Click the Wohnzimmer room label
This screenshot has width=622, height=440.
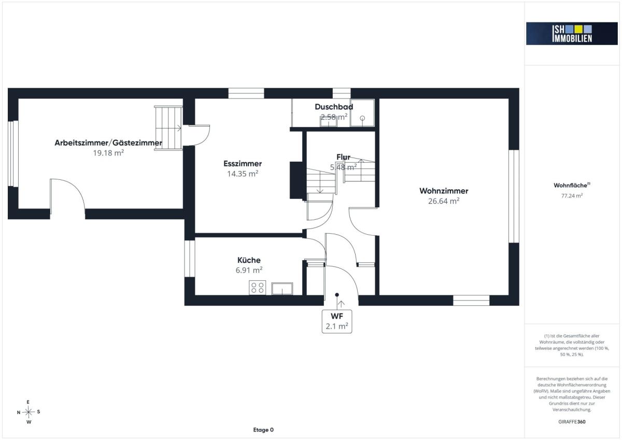point(444,191)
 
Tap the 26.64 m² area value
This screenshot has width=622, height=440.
point(444,201)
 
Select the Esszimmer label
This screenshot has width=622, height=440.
point(243,163)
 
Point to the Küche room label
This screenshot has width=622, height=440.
point(249,260)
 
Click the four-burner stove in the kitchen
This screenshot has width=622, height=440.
point(258,288)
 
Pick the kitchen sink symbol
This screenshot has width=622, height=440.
point(282,289)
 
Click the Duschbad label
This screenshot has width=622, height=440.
point(334,107)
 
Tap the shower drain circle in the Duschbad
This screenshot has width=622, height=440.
point(362,118)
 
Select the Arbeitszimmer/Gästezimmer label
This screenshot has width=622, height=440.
point(108,143)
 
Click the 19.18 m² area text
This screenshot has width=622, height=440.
point(108,153)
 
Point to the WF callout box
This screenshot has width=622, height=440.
point(337,321)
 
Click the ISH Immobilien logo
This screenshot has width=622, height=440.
point(572,34)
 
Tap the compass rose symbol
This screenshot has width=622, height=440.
point(29,412)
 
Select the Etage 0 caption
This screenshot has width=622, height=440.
point(263,430)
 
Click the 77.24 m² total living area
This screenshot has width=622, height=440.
point(572,195)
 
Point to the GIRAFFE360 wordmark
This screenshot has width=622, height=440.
point(572,422)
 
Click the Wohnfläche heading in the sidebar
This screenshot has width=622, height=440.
point(572,185)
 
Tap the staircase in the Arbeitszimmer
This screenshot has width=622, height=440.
point(168,128)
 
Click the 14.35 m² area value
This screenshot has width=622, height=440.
point(243,174)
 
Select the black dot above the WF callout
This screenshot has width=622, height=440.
point(337,294)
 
